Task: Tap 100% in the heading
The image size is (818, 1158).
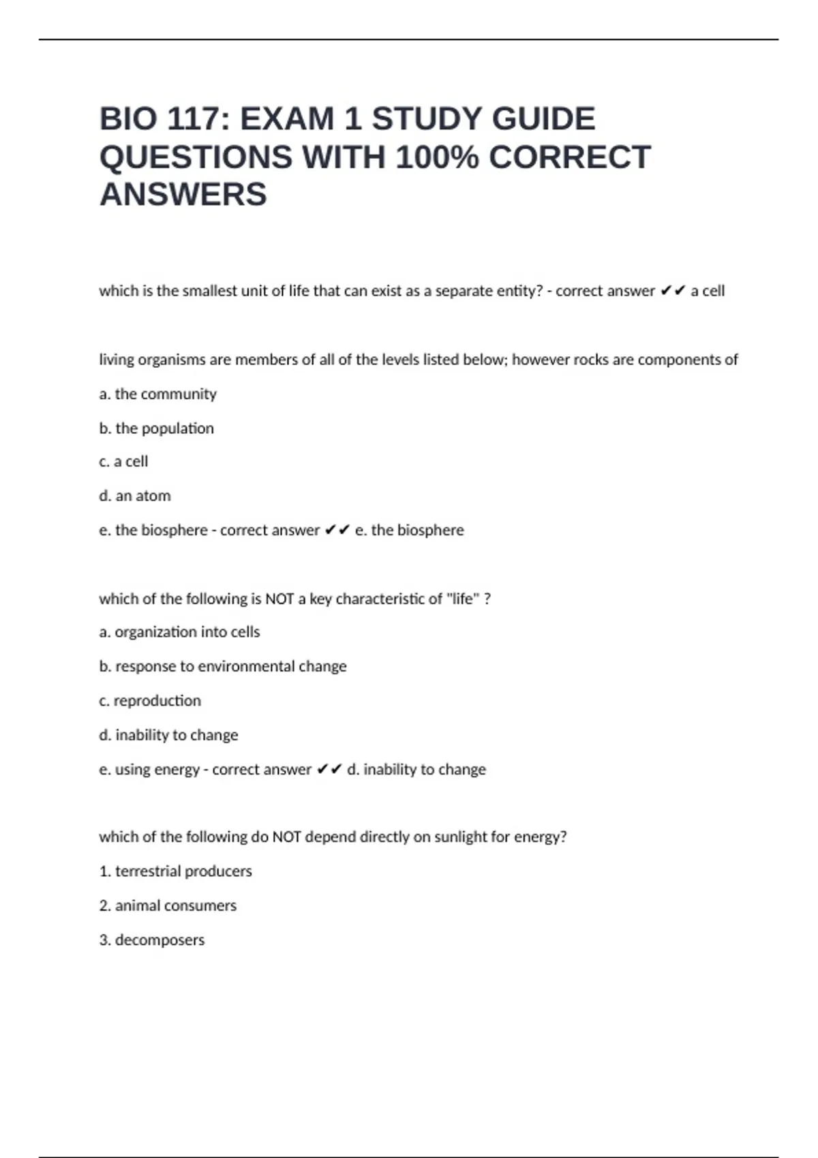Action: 436,157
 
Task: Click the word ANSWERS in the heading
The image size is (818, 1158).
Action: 183,195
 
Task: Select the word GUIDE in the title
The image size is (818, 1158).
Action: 543,119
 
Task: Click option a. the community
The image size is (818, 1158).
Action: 157,394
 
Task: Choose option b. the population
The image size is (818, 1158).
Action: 156,428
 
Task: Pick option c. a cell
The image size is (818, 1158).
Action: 123,461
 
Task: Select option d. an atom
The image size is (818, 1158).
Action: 135,496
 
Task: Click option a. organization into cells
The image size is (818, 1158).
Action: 179,632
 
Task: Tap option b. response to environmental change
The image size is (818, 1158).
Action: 222,666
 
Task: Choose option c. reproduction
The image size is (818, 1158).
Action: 150,700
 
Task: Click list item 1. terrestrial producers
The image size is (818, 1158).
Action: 175,871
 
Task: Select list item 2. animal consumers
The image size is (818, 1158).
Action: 168,905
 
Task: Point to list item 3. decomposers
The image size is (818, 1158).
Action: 151,940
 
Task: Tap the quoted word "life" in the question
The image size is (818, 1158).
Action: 463,599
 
